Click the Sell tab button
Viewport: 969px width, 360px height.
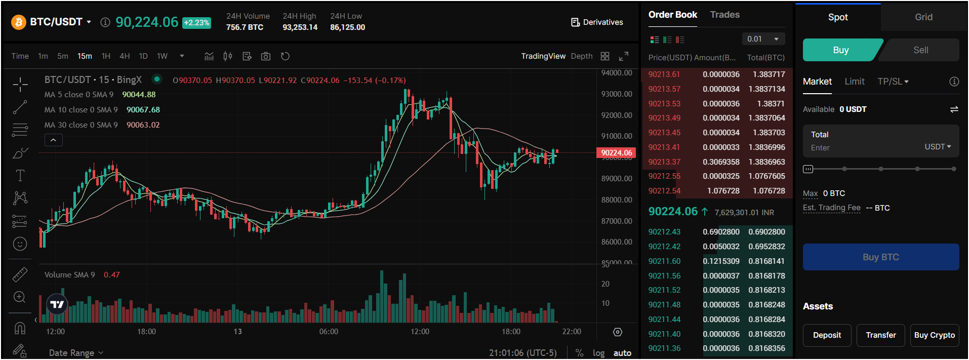click(920, 50)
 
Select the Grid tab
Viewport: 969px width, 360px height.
click(923, 17)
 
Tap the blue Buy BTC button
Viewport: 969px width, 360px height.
click(880, 257)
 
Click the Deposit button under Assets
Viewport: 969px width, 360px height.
click(827, 335)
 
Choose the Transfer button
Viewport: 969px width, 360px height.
click(880, 335)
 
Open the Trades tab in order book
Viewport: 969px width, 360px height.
click(724, 15)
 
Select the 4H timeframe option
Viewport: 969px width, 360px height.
click(125, 56)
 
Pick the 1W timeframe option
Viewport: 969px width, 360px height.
click(162, 56)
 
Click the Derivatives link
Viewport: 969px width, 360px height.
click(597, 22)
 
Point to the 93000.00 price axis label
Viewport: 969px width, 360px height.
click(616, 94)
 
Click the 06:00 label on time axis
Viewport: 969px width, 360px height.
click(329, 332)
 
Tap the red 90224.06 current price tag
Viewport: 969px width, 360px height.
click(616, 153)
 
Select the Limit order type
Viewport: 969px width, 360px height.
click(854, 82)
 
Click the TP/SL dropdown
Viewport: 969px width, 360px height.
click(893, 82)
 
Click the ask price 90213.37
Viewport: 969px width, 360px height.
click(664, 162)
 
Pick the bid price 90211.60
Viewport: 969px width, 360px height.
click(664, 261)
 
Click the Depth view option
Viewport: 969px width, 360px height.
click(581, 56)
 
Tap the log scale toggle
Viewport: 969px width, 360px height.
click(598, 353)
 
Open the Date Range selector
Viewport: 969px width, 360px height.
click(76, 353)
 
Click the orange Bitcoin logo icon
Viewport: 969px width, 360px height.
click(19, 22)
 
